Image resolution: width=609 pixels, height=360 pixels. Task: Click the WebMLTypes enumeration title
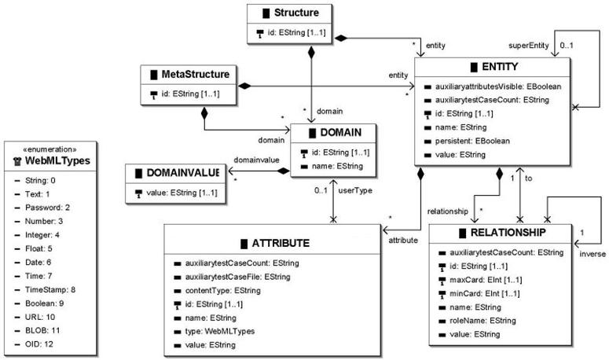(x=53, y=162)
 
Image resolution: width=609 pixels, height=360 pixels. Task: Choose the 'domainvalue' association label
(x=255, y=160)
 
